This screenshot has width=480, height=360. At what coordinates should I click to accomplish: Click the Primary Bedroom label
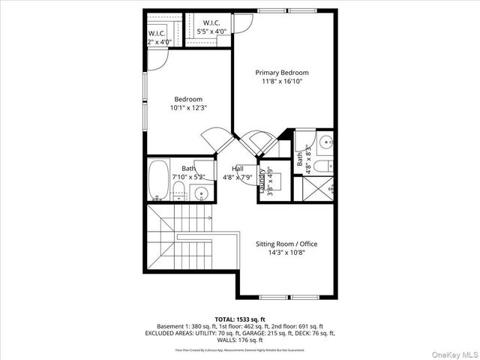point(281,73)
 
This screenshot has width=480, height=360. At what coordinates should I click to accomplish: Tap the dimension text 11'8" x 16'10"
point(281,82)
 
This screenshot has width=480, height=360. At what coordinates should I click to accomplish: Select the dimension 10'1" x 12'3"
point(188,108)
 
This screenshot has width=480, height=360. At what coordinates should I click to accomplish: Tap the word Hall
point(237,169)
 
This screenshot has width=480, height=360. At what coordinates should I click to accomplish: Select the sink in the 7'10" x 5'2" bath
point(201,194)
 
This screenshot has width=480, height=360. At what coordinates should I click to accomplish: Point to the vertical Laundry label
point(263,181)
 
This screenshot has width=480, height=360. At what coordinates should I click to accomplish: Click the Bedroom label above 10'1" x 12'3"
point(188,99)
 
